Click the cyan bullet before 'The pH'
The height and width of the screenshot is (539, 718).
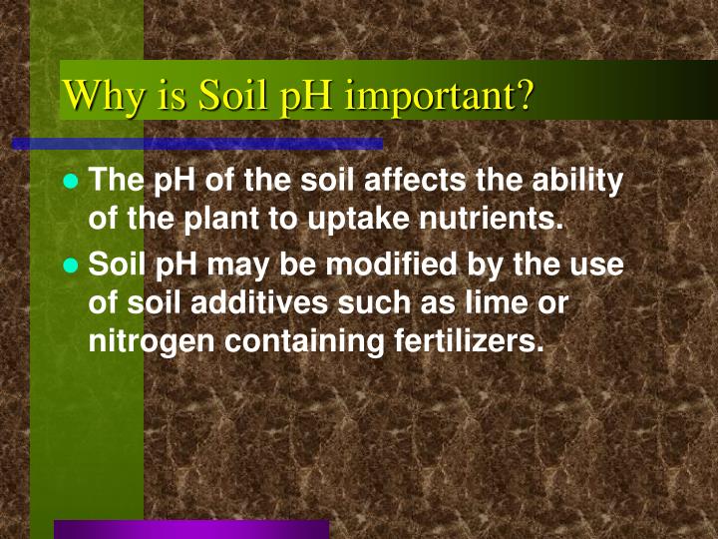pos(71,182)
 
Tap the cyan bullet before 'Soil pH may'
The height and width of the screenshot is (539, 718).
pos(71,267)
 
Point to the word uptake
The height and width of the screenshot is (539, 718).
pos(338,219)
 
